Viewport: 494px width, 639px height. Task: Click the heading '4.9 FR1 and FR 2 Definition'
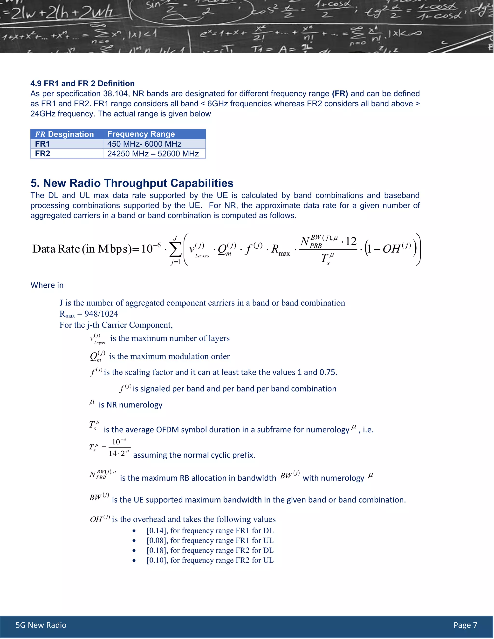pos(82,83)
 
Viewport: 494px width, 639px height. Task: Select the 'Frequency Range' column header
pos(141,134)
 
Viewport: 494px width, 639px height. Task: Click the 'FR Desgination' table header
pos(64,134)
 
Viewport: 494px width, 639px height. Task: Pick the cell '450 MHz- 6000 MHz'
pos(144,144)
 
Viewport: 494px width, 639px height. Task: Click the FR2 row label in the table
pos(42,154)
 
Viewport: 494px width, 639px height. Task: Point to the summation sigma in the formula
pos(175,249)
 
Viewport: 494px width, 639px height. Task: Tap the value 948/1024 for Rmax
pos(101,314)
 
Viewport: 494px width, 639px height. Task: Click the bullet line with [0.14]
pos(210,530)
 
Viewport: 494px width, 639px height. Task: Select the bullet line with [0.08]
pos(210,540)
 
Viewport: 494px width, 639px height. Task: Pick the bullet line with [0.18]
pos(210,550)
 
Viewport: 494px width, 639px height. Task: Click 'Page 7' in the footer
pos(465,625)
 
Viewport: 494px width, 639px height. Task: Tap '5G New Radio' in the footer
pos(41,625)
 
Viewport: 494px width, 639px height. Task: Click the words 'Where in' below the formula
pos(47,285)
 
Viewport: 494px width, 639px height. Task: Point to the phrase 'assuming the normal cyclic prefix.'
pos(194,455)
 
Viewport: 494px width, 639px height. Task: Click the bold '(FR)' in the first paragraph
pos(340,94)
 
